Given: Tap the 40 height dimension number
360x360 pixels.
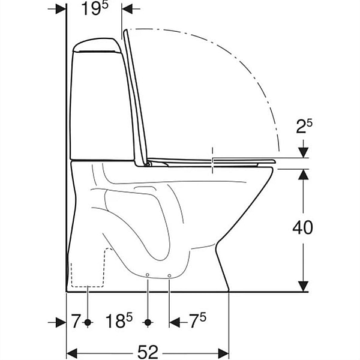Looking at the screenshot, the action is (x=302, y=227).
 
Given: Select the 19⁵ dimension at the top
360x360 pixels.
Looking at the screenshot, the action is (x=95, y=9).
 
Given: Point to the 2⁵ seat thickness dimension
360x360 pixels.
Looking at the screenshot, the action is (x=304, y=127).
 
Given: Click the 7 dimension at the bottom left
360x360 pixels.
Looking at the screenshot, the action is (x=76, y=322).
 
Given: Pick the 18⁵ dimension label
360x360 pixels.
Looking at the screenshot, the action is (x=119, y=321).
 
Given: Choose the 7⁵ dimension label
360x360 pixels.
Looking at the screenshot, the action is (x=197, y=320).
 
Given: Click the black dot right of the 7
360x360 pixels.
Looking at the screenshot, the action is (x=88, y=323).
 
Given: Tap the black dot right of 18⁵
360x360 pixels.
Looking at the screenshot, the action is (x=148, y=323).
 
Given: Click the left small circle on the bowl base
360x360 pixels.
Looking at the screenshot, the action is (x=148, y=275).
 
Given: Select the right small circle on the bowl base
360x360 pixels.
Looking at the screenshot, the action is (x=169, y=275).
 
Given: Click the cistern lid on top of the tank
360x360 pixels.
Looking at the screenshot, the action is (x=96, y=45).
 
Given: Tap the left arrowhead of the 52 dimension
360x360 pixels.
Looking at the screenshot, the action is (x=71, y=353).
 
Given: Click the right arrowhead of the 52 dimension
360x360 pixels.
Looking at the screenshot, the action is (x=223, y=353).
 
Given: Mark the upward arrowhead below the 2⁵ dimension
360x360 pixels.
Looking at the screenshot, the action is (x=304, y=174).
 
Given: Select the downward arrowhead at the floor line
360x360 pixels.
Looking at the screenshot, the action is (x=304, y=287).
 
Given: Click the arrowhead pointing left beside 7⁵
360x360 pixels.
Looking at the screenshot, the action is (x=175, y=323).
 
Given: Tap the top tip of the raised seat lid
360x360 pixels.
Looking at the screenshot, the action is (x=125, y=30).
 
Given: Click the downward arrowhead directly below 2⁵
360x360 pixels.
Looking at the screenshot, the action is (x=304, y=152).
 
